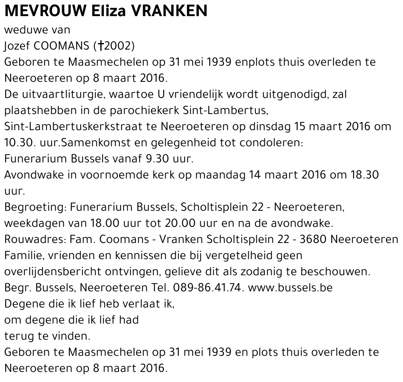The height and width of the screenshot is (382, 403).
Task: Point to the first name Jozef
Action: pos(15,46)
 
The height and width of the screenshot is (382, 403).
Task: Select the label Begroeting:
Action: pos(35,207)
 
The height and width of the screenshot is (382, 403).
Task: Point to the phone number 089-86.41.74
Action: pos(207,288)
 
